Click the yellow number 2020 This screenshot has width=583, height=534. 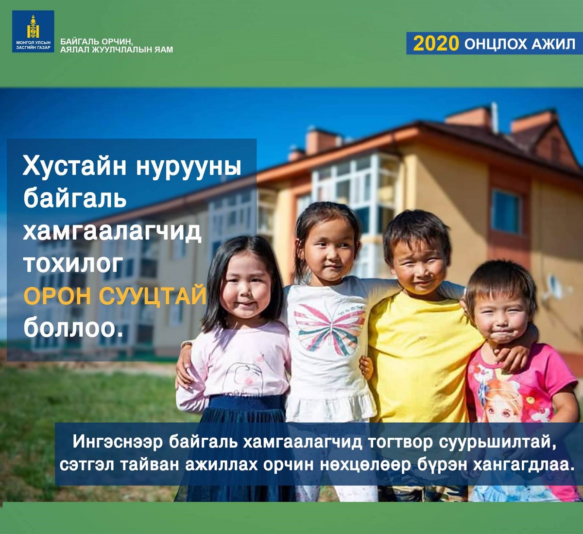(436, 44)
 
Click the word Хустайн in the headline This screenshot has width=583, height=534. (74, 167)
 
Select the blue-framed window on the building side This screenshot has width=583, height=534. (507, 212)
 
